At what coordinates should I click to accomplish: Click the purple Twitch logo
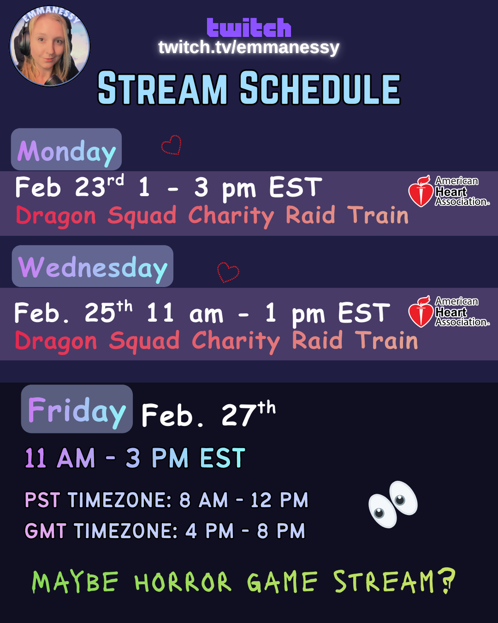pos(249,28)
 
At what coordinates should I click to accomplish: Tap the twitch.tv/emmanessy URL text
pos(249,47)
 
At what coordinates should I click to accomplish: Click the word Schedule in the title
pos(320,88)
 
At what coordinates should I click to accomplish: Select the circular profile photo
pos(50,46)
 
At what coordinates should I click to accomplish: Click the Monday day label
pos(66,150)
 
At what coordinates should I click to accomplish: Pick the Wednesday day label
pos(93,266)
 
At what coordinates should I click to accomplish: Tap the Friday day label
pos(77,409)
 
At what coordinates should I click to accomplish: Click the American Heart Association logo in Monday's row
pos(449,191)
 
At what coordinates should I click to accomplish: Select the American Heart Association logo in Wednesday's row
pos(449,311)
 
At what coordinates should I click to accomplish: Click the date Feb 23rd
pos(70,186)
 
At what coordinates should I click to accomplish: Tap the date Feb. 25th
pos(73,312)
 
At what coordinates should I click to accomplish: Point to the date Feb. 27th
pos(208,414)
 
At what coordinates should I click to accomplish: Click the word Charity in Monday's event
pos(231,216)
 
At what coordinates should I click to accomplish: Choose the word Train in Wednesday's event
pos(386,341)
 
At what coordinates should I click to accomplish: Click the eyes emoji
pos(393,504)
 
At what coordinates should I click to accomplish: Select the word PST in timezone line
pos(42,500)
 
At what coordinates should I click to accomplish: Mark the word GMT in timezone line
pos(46,531)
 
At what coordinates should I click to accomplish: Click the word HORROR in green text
pos(183,582)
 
